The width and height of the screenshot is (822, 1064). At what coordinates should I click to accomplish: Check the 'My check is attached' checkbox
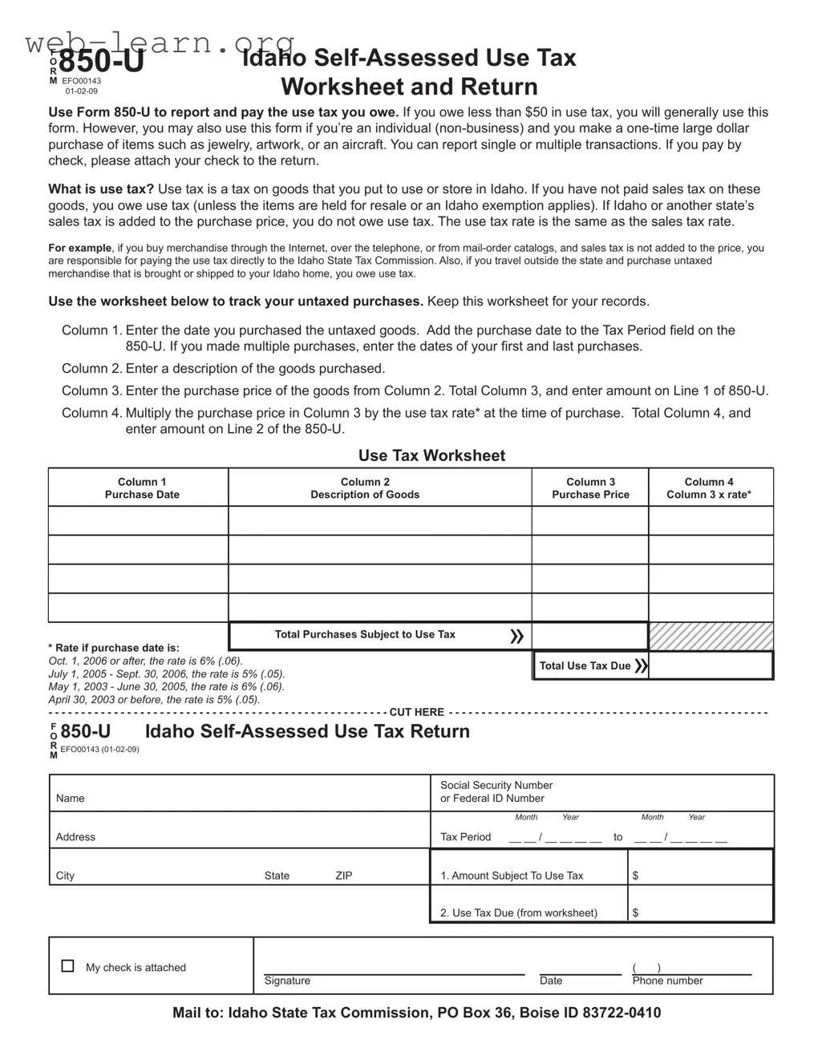click(x=68, y=966)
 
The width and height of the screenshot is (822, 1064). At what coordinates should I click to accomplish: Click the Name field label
click(x=71, y=799)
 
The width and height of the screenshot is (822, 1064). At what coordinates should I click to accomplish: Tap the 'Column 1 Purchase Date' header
click(x=142, y=488)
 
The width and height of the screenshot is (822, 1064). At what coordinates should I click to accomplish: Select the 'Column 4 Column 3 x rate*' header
click(x=709, y=488)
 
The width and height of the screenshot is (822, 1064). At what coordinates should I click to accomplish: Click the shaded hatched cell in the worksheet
click(x=711, y=637)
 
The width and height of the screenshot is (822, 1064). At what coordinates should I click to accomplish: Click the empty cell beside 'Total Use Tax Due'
click(x=711, y=666)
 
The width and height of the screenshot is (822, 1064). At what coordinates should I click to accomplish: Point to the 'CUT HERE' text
click(x=416, y=712)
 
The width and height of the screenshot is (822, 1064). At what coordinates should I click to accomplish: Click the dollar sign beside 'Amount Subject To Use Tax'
click(x=636, y=876)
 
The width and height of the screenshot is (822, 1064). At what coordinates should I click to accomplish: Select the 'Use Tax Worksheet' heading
click(x=431, y=455)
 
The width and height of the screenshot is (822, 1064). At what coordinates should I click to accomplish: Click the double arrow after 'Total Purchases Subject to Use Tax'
click(x=517, y=636)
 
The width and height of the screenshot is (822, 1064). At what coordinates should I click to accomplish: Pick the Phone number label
click(x=667, y=981)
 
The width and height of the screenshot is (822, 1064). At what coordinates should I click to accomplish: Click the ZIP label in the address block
click(x=344, y=876)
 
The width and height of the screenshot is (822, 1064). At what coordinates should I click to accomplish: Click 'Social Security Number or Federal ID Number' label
click(x=496, y=791)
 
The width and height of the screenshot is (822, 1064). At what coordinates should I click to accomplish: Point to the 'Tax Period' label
click(x=465, y=837)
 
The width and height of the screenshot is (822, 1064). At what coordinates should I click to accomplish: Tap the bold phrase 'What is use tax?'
click(x=101, y=189)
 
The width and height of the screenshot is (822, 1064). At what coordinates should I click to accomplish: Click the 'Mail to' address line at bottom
click(x=416, y=1013)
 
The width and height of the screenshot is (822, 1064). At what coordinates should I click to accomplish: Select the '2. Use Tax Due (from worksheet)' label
click(x=519, y=912)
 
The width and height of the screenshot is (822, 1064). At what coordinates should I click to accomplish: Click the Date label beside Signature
click(x=551, y=981)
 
